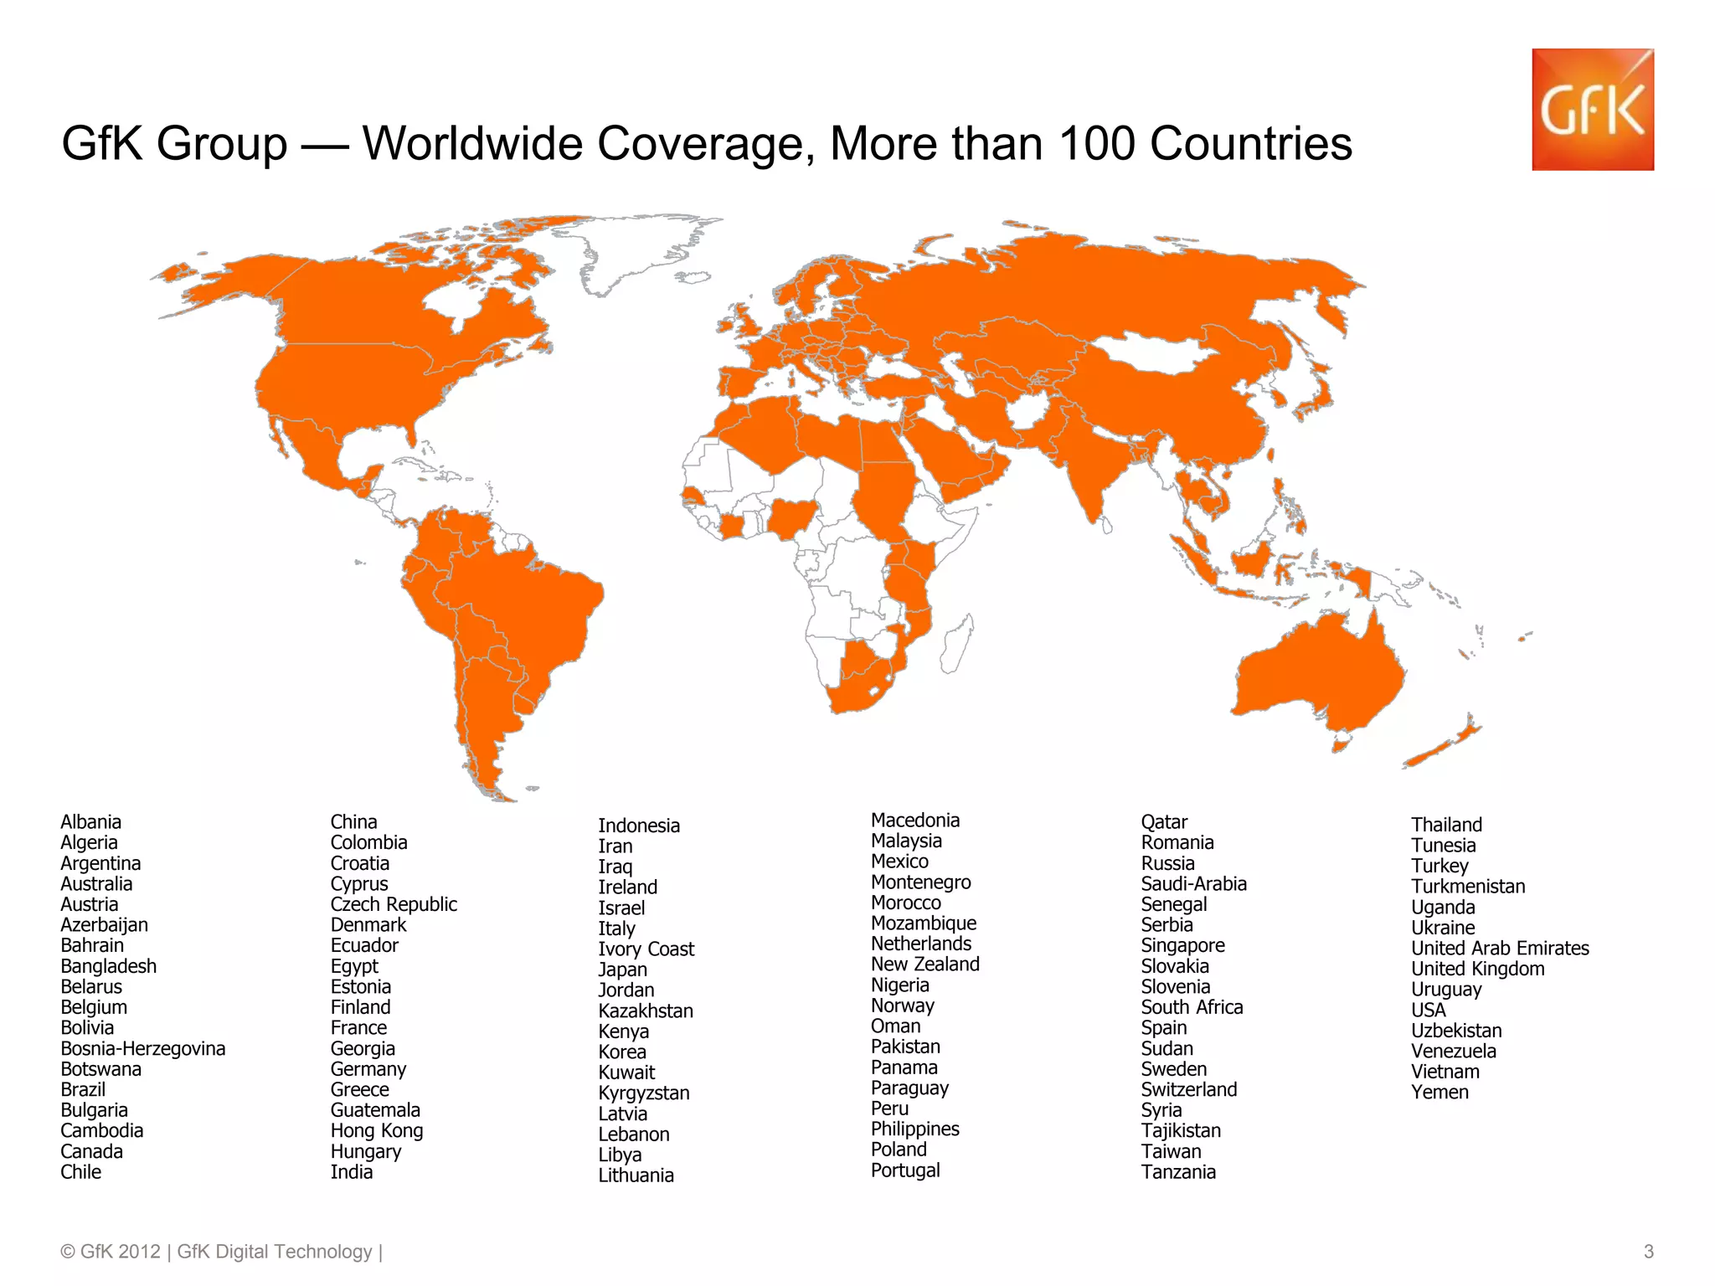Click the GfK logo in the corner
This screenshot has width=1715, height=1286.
click(x=1592, y=110)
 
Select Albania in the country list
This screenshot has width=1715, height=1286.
click(x=90, y=822)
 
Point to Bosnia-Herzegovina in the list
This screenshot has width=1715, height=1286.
click(x=142, y=1049)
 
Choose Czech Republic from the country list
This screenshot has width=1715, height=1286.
click(x=394, y=905)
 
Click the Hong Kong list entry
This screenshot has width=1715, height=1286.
click(x=377, y=1131)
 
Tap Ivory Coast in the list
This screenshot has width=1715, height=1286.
click(x=646, y=949)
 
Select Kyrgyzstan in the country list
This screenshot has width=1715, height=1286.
click(x=644, y=1093)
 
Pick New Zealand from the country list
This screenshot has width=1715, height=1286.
click(x=924, y=964)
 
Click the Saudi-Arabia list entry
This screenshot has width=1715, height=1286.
click(x=1193, y=884)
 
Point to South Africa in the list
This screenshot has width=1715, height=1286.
click(x=1192, y=1008)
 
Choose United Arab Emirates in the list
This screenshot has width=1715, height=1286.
click(x=1500, y=949)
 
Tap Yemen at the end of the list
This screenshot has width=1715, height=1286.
click(x=1439, y=1093)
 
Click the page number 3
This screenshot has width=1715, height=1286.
click(x=1648, y=1252)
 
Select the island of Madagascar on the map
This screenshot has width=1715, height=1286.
click(x=957, y=645)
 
